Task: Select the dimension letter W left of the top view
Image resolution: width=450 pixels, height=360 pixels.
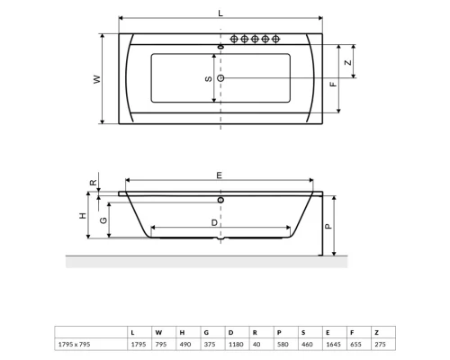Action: (96, 78)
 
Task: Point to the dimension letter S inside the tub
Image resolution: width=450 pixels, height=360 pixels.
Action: (208, 78)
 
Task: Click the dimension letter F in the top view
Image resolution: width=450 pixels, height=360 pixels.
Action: (332, 84)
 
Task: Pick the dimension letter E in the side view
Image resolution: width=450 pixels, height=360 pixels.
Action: (219, 175)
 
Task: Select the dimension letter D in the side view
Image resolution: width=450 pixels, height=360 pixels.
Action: (214, 220)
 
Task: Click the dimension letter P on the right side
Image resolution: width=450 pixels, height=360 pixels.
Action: (329, 226)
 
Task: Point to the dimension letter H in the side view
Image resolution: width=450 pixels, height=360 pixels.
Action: (82, 216)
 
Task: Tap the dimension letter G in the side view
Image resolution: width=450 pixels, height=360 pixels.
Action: (103, 220)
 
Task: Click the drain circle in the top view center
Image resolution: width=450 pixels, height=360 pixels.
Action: (221, 78)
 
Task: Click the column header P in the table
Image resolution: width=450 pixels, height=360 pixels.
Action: (278, 330)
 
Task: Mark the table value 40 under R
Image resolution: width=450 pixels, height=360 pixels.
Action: (255, 343)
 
